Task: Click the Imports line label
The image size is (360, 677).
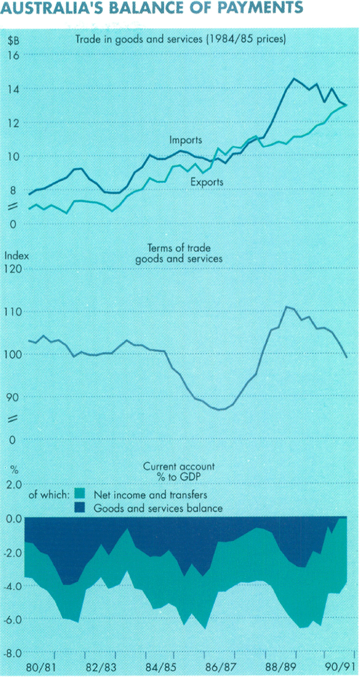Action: point(185,140)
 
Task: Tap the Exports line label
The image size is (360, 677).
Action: point(207,182)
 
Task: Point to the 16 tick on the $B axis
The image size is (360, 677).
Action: point(13,55)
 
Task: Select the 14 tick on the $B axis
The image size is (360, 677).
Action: point(13,89)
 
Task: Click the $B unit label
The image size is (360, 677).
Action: point(13,41)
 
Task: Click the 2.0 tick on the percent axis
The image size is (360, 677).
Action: point(14,484)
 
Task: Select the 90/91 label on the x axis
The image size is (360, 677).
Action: point(340,667)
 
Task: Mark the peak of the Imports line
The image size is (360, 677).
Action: point(294,79)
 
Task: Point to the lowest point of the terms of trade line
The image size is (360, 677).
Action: point(220,409)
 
